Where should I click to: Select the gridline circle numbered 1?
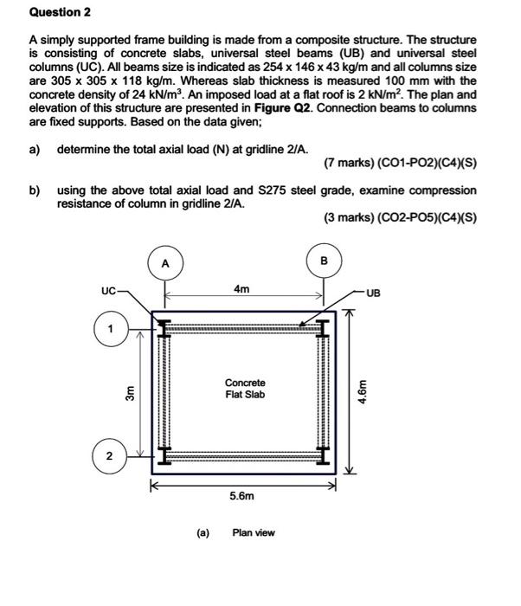(110, 330)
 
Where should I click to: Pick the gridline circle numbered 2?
(109, 455)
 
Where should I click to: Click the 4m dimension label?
(242, 289)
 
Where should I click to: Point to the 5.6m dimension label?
(241, 497)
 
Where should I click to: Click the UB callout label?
(373, 293)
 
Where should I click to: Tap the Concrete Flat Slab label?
(245, 389)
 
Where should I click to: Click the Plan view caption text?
(254, 532)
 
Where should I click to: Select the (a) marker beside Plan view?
(203, 532)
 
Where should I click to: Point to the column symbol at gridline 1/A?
(162, 328)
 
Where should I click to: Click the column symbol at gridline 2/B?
(324, 454)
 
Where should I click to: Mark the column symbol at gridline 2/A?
(162, 454)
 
